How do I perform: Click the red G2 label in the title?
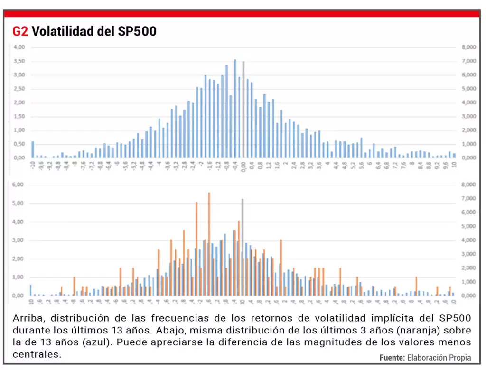pos(20,31)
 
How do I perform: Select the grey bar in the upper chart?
pos(243,109)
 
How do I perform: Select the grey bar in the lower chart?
pos(243,247)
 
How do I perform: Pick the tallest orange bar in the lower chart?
pos(209,244)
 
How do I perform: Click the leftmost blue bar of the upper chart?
pos(33,149)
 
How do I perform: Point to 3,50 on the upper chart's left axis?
pos(19,61)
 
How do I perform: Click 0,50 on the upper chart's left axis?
pos(19,144)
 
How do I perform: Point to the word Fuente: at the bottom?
pos(392,357)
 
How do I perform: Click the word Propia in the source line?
pos(458,357)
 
